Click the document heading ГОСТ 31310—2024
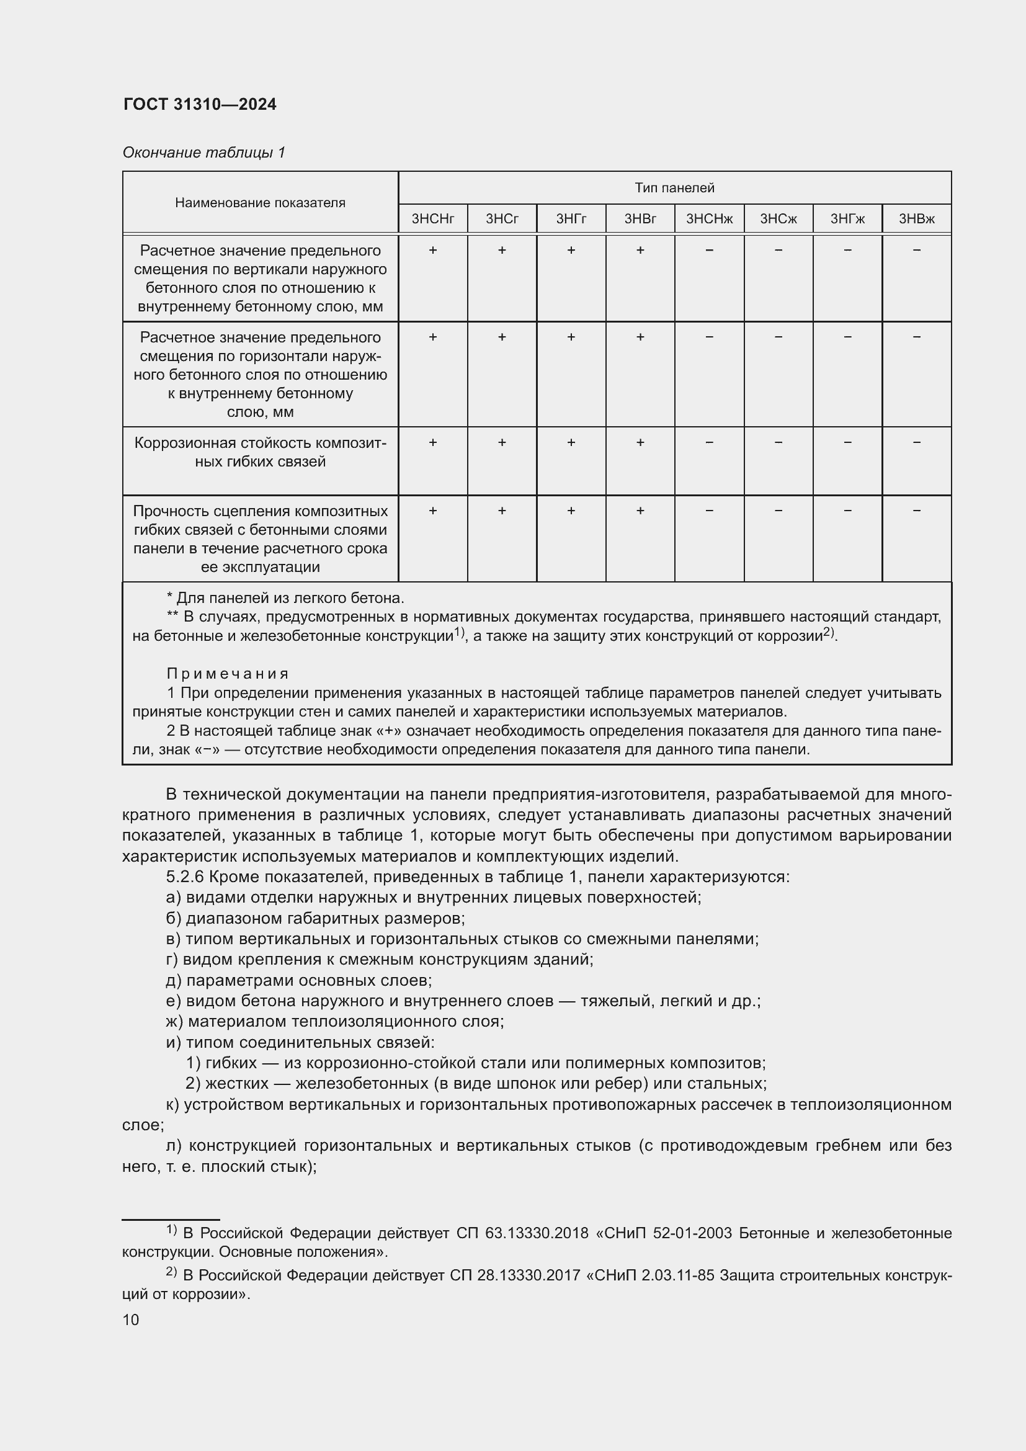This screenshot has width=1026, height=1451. (x=200, y=104)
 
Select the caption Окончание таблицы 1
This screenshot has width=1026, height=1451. (x=203, y=153)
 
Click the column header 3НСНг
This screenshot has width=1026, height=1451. (x=433, y=218)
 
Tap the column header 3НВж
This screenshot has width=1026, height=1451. (x=916, y=218)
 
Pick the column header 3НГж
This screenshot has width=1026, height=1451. (x=847, y=218)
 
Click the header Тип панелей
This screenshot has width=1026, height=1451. (x=674, y=188)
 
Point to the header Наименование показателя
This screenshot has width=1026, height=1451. (x=260, y=202)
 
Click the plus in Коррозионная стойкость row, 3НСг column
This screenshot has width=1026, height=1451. (x=502, y=442)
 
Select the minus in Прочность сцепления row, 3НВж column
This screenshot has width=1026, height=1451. (x=916, y=510)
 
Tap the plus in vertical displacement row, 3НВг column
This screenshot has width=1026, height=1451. (x=640, y=250)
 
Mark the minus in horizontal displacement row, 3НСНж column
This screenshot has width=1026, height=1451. (x=709, y=337)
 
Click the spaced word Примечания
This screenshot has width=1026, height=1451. (x=228, y=674)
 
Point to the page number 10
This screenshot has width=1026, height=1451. (x=131, y=1319)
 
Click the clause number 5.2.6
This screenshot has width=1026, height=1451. (x=184, y=877)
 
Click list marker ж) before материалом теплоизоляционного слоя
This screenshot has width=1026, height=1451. (x=174, y=1021)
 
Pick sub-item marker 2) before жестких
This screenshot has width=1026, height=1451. (x=193, y=1083)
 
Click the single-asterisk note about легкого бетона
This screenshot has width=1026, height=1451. (x=284, y=598)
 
